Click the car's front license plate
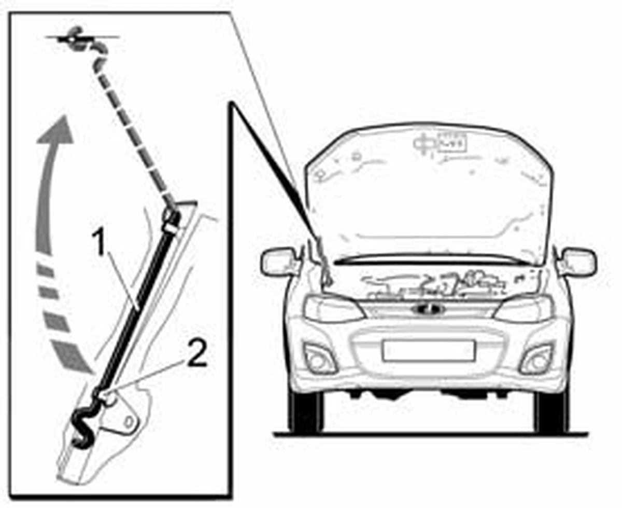(x=428, y=351)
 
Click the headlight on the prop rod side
(x=334, y=309)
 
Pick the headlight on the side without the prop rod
(x=524, y=309)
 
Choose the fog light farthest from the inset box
(x=537, y=359)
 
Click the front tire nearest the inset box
(x=305, y=411)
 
